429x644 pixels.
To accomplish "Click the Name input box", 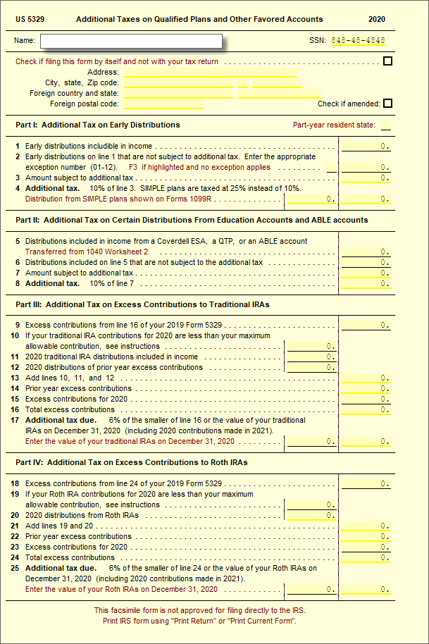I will pos(131,41).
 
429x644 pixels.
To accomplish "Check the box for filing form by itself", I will pos(387,61).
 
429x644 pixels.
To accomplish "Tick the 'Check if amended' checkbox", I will pos(387,104).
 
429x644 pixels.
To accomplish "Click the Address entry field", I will pos(210,72).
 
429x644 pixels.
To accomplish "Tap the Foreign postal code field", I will pos(163,104).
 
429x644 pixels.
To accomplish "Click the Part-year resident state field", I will pos(386,125).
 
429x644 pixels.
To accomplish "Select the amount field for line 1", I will pos(366,147).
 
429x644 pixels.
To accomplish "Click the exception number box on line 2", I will pos(331,168).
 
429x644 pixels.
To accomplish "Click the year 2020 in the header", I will pos(377,19).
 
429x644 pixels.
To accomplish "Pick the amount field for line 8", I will pos(366,283).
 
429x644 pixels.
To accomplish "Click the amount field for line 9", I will pos(366,326).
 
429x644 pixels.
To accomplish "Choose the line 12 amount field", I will pos(311,367).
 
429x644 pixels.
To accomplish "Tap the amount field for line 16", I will pos(366,409).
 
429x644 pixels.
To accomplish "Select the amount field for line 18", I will pos(366,483).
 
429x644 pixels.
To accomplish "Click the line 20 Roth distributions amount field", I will pos(311,515).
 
